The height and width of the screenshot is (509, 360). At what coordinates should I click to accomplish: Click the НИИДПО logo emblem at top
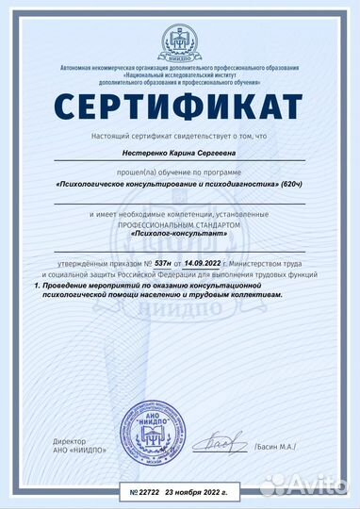pyautogui.click(x=180, y=36)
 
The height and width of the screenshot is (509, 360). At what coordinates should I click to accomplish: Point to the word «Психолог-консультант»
pyautogui.click(x=180, y=233)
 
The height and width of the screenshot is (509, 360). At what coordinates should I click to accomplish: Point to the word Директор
pyautogui.click(x=70, y=441)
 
